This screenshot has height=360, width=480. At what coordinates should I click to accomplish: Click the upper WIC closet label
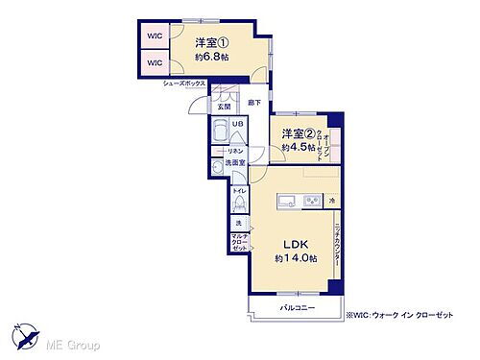(x=155, y=36)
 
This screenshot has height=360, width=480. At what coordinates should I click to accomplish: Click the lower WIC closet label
(x=155, y=62)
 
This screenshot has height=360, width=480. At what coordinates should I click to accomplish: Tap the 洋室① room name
(x=209, y=42)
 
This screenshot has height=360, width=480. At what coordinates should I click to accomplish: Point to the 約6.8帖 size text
(x=209, y=58)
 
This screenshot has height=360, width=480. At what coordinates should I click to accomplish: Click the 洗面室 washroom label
(x=236, y=164)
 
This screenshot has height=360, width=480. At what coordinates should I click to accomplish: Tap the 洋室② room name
(x=299, y=134)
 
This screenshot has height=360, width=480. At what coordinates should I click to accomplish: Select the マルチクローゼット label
(x=239, y=243)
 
